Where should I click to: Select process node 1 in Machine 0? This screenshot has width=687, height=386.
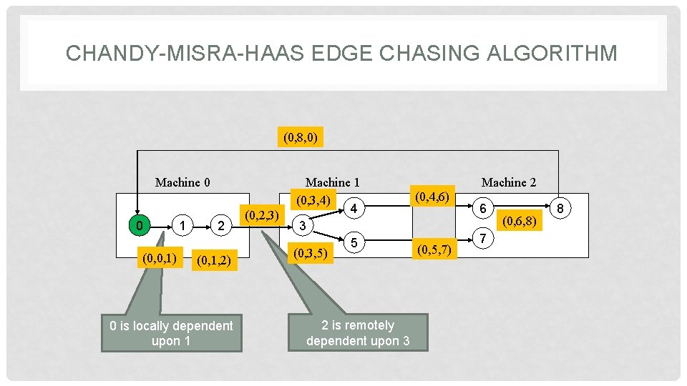(x=184, y=226)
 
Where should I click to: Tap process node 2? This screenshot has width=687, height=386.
(x=222, y=226)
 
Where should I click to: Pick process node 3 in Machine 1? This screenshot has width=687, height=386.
(x=303, y=226)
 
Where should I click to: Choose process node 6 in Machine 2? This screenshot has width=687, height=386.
(x=484, y=208)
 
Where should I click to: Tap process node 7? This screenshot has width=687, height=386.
(x=484, y=237)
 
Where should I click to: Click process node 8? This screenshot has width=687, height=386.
(x=561, y=208)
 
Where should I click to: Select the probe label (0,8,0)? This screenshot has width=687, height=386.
(x=301, y=136)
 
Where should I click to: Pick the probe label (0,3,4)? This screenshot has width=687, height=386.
(x=313, y=199)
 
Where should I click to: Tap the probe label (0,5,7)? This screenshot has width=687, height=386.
(x=434, y=249)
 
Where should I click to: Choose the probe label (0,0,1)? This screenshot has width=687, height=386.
(x=160, y=257)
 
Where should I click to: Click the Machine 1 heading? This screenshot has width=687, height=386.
(x=332, y=182)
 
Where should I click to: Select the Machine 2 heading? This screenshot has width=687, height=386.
(x=508, y=182)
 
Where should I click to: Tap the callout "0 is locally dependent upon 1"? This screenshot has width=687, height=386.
(x=171, y=333)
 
